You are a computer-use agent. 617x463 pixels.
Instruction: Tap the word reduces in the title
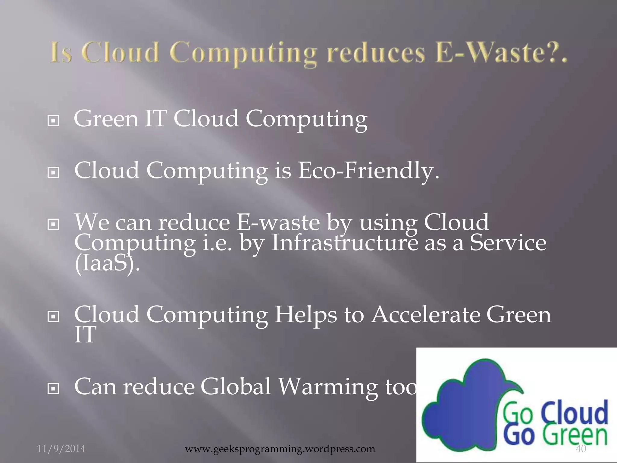(x=376, y=53)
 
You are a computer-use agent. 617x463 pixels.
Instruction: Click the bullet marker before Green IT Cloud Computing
(x=53, y=121)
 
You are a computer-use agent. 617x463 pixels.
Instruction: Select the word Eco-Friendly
(x=368, y=171)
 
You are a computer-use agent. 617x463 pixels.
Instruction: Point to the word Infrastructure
(x=345, y=243)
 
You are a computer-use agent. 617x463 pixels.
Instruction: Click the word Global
(x=236, y=386)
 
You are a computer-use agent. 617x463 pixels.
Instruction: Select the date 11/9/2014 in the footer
(x=61, y=449)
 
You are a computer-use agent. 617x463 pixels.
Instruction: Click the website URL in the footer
(x=280, y=449)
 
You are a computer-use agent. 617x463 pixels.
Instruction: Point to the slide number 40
(x=581, y=449)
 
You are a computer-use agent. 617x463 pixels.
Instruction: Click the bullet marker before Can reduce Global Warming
(x=53, y=389)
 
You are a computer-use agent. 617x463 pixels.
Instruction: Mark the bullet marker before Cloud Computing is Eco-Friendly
(x=53, y=173)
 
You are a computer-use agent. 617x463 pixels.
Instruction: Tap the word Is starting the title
(x=61, y=53)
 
